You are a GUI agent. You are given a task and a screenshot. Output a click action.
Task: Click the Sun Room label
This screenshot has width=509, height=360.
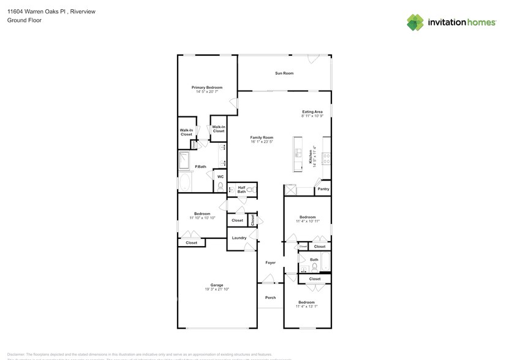(284, 73)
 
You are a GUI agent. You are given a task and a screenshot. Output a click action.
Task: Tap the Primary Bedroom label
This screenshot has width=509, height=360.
(206, 88)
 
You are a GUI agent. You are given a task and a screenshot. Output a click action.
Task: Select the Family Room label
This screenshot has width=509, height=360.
(262, 138)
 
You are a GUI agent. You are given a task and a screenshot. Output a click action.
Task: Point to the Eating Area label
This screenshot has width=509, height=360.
(312, 111)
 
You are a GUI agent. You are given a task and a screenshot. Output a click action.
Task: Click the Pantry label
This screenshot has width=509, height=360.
(323, 189)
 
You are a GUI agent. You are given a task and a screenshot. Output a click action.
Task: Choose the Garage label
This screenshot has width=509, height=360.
(217, 285)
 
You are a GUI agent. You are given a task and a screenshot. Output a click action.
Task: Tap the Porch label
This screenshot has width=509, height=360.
(270, 298)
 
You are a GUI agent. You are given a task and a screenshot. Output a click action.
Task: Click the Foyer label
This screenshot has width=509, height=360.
(270, 263)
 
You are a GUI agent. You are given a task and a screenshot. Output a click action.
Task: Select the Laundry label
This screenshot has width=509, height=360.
(239, 238)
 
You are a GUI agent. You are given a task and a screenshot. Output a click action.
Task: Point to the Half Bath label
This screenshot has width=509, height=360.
(241, 190)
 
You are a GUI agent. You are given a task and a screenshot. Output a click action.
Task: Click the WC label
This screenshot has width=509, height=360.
(220, 177)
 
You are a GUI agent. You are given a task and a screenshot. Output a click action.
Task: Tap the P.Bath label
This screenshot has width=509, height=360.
(200, 167)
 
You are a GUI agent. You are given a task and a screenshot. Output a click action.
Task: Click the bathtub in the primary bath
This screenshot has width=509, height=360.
(185, 182)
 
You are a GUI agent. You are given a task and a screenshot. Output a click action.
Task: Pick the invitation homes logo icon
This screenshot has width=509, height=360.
(415, 23)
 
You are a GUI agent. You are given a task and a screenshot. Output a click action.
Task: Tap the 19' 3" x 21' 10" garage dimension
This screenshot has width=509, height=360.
(217, 289)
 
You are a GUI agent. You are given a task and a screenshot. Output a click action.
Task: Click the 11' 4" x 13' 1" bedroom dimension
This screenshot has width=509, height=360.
(306, 307)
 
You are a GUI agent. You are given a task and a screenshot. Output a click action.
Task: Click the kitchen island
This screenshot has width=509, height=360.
(298, 154)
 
